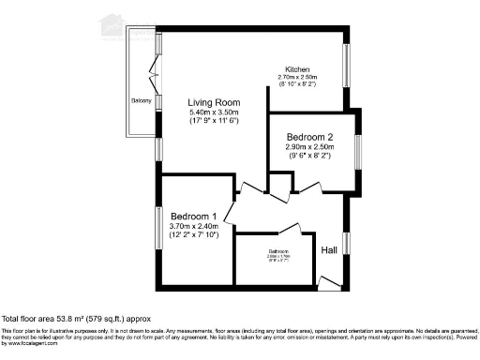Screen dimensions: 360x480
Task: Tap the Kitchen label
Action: coord(297,70)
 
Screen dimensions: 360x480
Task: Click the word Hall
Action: coord(329,250)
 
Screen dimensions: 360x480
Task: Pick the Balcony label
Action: coord(142,99)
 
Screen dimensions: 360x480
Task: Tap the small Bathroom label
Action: coord(277,251)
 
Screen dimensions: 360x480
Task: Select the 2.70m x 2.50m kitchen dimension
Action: coord(298,79)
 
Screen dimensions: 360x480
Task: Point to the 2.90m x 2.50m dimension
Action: coord(309,148)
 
